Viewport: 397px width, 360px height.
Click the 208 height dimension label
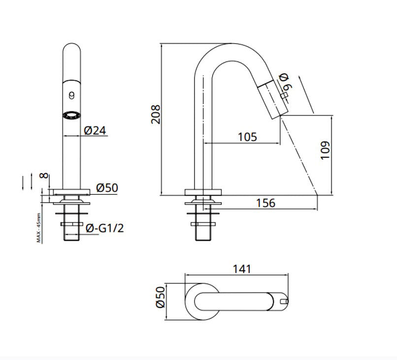(x=156, y=114)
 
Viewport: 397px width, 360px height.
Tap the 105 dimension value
(x=247, y=137)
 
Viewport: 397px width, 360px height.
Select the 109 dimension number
(x=325, y=150)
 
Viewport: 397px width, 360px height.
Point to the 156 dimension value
(x=265, y=203)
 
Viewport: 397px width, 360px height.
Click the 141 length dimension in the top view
(x=242, y=269)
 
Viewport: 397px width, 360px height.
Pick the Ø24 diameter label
(x=95, y=131)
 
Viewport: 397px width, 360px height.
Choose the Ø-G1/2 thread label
(x=105, y=228)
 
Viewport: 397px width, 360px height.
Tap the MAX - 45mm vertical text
(x=39, y=228)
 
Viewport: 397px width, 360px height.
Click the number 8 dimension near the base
(x=44, y=175)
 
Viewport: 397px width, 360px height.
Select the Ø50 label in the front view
(x=107, y=188)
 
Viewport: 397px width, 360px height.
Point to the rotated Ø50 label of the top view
(x=161, y=297)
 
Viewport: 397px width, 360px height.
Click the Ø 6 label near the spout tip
(x=285, y=82)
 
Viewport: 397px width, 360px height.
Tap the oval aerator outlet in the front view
(x=71, y=115)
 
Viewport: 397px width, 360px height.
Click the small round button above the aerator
(x=71, y=96)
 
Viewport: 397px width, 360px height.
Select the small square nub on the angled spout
(x=285, y=95)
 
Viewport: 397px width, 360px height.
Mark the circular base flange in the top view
(x=186, y=302)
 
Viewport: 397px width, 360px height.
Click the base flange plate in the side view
(x=203, y=192)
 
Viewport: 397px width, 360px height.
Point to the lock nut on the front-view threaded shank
(x=71, y=224)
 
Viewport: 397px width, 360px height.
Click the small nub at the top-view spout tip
(x=285, y=301)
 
